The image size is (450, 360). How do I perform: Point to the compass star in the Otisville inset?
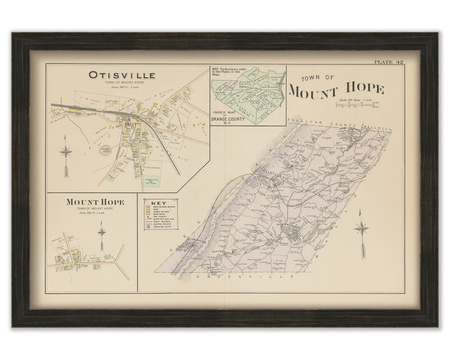coord(66,151)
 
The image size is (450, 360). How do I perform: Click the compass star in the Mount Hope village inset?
coord(101,231)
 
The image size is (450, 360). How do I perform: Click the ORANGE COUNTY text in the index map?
coord(231,120)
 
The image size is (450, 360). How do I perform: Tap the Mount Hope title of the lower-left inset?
coord(95,201)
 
